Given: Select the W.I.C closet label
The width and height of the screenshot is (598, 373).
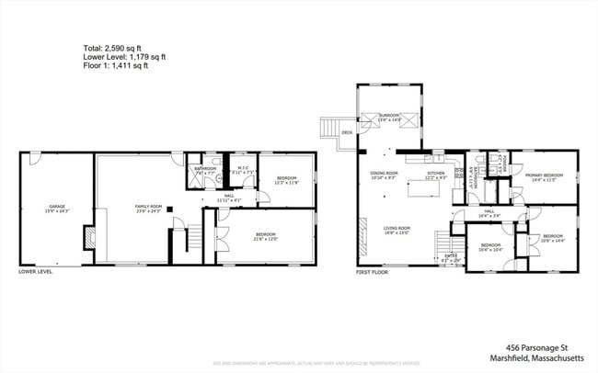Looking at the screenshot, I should click(239, 169).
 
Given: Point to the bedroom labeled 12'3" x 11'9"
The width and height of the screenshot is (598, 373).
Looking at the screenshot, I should click(285, 181).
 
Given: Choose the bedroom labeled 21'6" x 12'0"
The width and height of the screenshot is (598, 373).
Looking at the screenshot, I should click(266, 235).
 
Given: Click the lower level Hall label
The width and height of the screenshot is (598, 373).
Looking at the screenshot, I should click(226, 197).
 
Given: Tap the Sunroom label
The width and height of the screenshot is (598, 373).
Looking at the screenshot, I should click(390, 118).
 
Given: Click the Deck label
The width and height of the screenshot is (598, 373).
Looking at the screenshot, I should click(347, 133).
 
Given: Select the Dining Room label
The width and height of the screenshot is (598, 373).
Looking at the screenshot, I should click(383, 174).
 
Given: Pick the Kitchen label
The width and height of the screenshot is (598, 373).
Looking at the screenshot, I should click(435, 174).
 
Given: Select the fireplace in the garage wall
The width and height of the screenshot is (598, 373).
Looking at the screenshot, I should click(89, 238).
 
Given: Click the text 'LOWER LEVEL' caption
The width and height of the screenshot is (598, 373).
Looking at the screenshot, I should click(35, 272).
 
